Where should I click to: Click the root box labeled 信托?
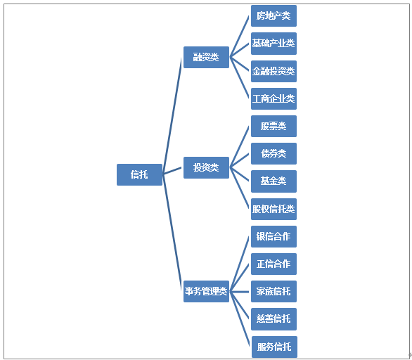click(x=139, y=174)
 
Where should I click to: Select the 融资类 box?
click(x=206, y=57)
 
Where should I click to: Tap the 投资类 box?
click(x=206, y=167)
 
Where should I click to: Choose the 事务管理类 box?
click(x=206, y=291)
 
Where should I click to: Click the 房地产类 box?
click(x=273, y=15)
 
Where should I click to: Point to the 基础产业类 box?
click(x=273, y=44)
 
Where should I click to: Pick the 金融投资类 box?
click(x=273, y=71)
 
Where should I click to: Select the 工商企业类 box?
click(x=273, y=98)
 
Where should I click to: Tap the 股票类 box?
click(x=273, y=126)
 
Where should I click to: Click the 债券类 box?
click(x=273, y=153)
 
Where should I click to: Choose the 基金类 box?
click(x=273, y=181)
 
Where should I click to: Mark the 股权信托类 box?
click(x=273, y=209)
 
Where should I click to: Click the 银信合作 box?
click(x=273, y=236)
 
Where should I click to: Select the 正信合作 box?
click(x=273, y=264)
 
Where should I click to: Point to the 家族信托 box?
click(x=273, y=291)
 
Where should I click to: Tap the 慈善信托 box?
click(x=273, y=319)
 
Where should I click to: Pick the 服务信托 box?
click(x=274, y=347)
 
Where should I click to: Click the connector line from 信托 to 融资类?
click(x=172, y=116)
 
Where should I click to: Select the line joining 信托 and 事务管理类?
click(x=172, y=233)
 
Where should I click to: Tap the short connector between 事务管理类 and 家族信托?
click(x=239, y=291)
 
